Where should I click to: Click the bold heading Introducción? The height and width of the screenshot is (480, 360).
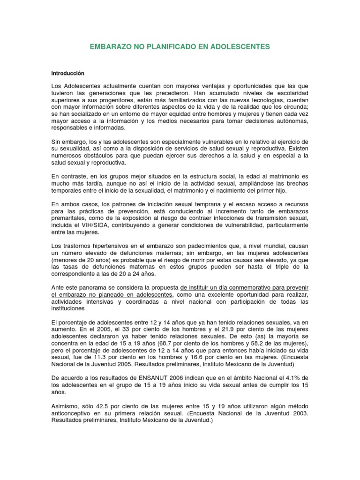click(68, 73)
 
